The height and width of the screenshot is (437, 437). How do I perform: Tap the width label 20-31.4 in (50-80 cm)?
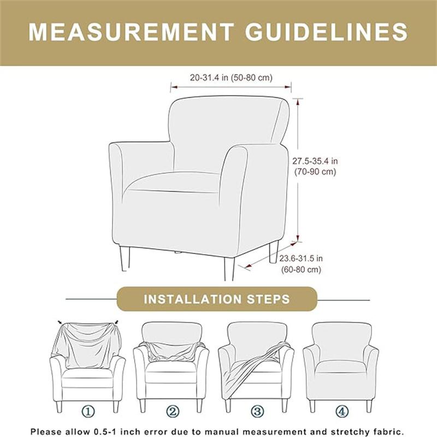point(231,78)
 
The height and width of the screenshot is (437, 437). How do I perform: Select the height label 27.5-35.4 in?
point(315,161)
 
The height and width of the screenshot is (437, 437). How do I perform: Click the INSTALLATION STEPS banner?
point(217,299)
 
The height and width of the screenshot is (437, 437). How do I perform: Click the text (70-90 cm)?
point(314,172)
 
